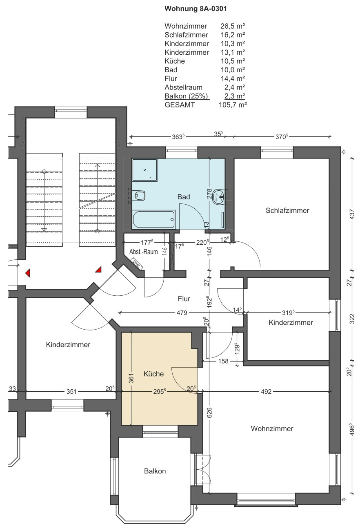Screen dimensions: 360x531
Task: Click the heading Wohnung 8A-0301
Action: (196, 9)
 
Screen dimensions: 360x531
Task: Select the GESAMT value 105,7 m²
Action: (233, 105)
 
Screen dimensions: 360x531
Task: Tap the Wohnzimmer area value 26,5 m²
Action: (233, 26)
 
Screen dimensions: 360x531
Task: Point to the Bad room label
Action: (184, 197)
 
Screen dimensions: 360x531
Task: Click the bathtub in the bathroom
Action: (154, 219)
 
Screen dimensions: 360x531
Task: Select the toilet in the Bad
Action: (140, 196)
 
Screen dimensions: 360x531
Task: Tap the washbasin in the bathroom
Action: (219, 196)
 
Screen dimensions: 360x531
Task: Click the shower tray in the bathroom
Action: (145, 170)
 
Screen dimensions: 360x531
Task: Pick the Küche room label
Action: (153, 374)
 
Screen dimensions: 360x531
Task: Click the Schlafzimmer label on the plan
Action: (287, 210)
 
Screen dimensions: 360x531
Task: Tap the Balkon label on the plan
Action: (155, 471)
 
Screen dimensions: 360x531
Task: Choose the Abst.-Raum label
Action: (144, 252)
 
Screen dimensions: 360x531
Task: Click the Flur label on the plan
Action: (184, 299)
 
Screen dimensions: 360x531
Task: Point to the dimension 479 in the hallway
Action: (182, 313)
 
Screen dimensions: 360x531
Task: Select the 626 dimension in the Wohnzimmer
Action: (209, 413)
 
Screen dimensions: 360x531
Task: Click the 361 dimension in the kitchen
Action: (131, 378)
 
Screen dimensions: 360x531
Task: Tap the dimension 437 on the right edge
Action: (352, 214)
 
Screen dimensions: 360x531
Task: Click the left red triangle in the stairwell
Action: (28, 273)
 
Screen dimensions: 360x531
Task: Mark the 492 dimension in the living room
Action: (266, 392)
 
